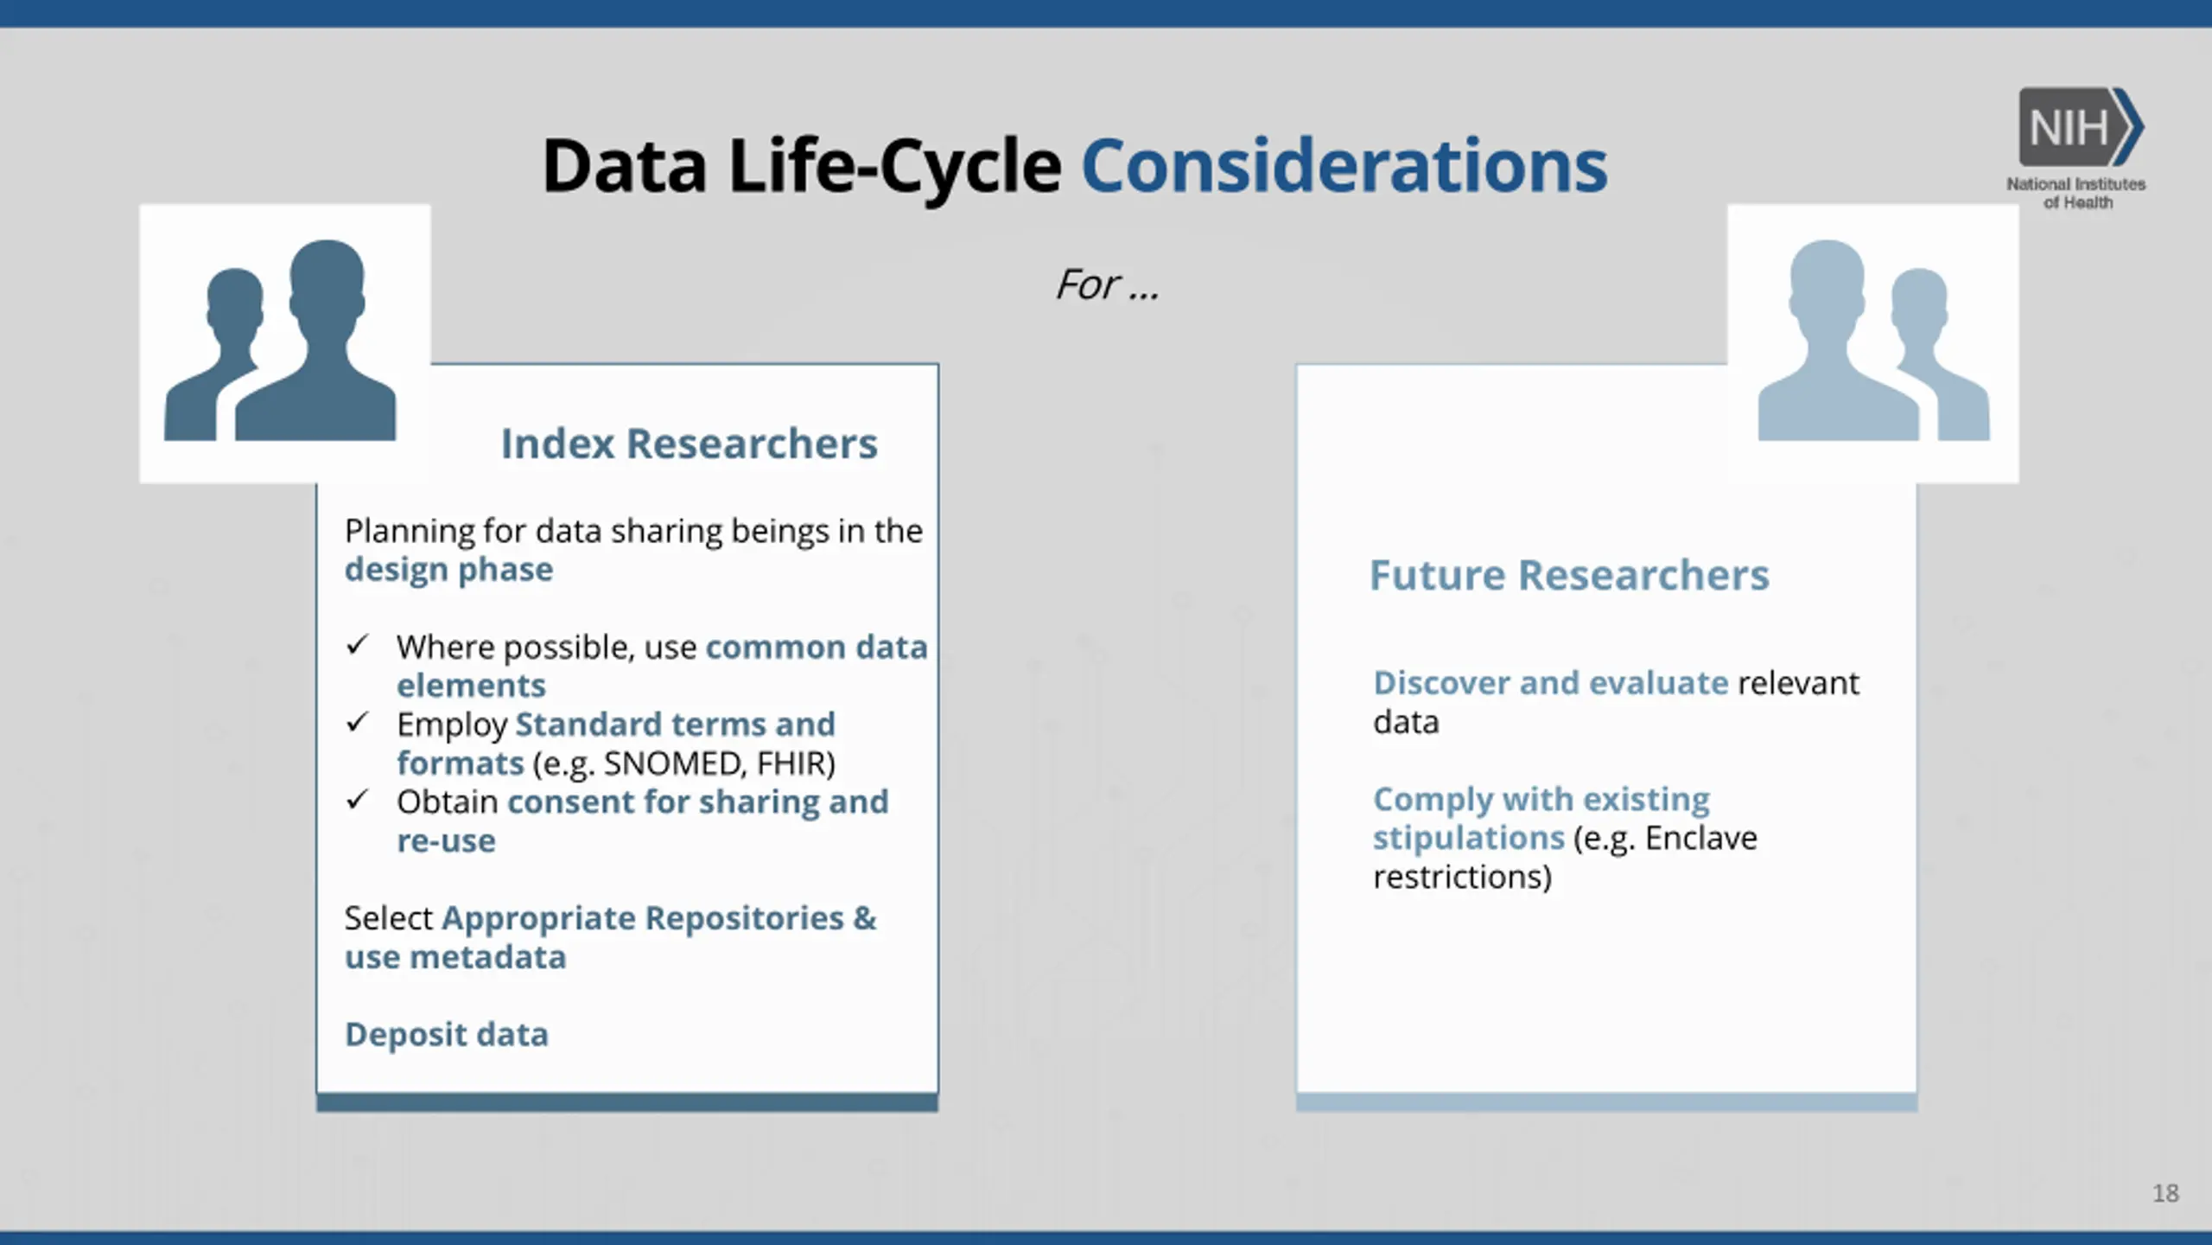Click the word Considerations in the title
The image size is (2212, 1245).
[x=1344, y=165]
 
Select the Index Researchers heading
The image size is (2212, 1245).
[x=689, y=444]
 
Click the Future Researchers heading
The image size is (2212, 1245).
[x=1569, y=575]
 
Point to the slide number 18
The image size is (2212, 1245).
[x=2165, y=1193]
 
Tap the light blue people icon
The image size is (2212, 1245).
[x=1873, y=340]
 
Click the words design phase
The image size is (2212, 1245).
[x=448, y=570]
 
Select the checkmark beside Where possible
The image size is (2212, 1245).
[x=357, y=645]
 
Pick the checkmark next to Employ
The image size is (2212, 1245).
[x=357, y=722]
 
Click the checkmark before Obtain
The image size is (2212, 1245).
[x=357, y=800]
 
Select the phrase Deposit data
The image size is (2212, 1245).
[x=447, y=1034]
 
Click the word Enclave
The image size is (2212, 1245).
[x=1700, y=838]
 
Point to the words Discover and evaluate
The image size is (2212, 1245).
[x=1551, y=683]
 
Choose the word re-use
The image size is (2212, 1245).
[x=446, y=841]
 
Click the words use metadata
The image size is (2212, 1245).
[x=455, y=957]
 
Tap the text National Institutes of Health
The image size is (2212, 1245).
[x=2076, y=193]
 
